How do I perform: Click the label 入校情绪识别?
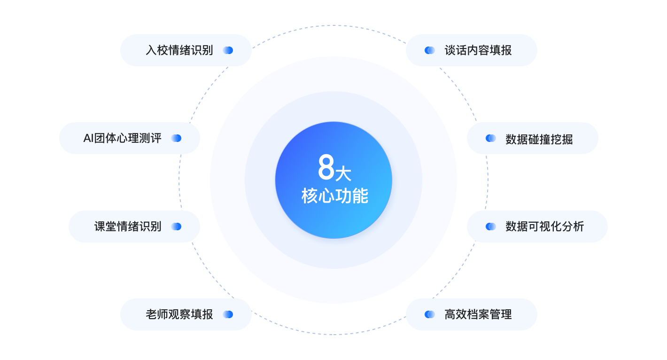pyautogui.click(x=179, y=50)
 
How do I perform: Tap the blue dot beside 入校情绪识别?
pyautogui.click(x=228, y=50)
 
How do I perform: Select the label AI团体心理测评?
pyautogui.click(x=123, y=138)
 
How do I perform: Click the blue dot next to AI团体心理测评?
pyautogui.click(x=176, y=138)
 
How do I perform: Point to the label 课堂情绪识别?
pyautogui.click(x=128, y=227)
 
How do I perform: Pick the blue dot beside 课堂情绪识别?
pyautogui.click(x=176, y=227)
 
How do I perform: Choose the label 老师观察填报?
pyautogui.click(x=179, y=314)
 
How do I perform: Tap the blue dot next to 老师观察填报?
pyautogui.click(x=228, y=314)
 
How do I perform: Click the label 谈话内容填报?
pyautogui.click(x=478, y=50)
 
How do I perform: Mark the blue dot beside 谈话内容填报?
pyautogui.click(x=430, y=50)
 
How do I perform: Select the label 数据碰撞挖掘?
pyautogui.click(x=539, y=139)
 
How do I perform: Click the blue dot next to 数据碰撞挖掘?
pyautogui.click(x=491, y=138)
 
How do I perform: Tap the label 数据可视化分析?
pyautogui.click(x=545, y=227)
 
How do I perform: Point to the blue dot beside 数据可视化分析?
pyautogui.click(x=491, y=227)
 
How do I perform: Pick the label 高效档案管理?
pyautogui.click(x=478, y=314)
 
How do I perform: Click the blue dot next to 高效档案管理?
pyautogui.click(x=430, y=314)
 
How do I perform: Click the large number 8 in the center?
pyautogui.click(x=326, y=167)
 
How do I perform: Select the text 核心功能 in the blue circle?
pyautogui.click(x=335, y=196)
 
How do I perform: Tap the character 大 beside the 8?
pyautogui.click(x=343, y=174)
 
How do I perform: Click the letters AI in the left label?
pyautogui.click(x=88, y=138)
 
